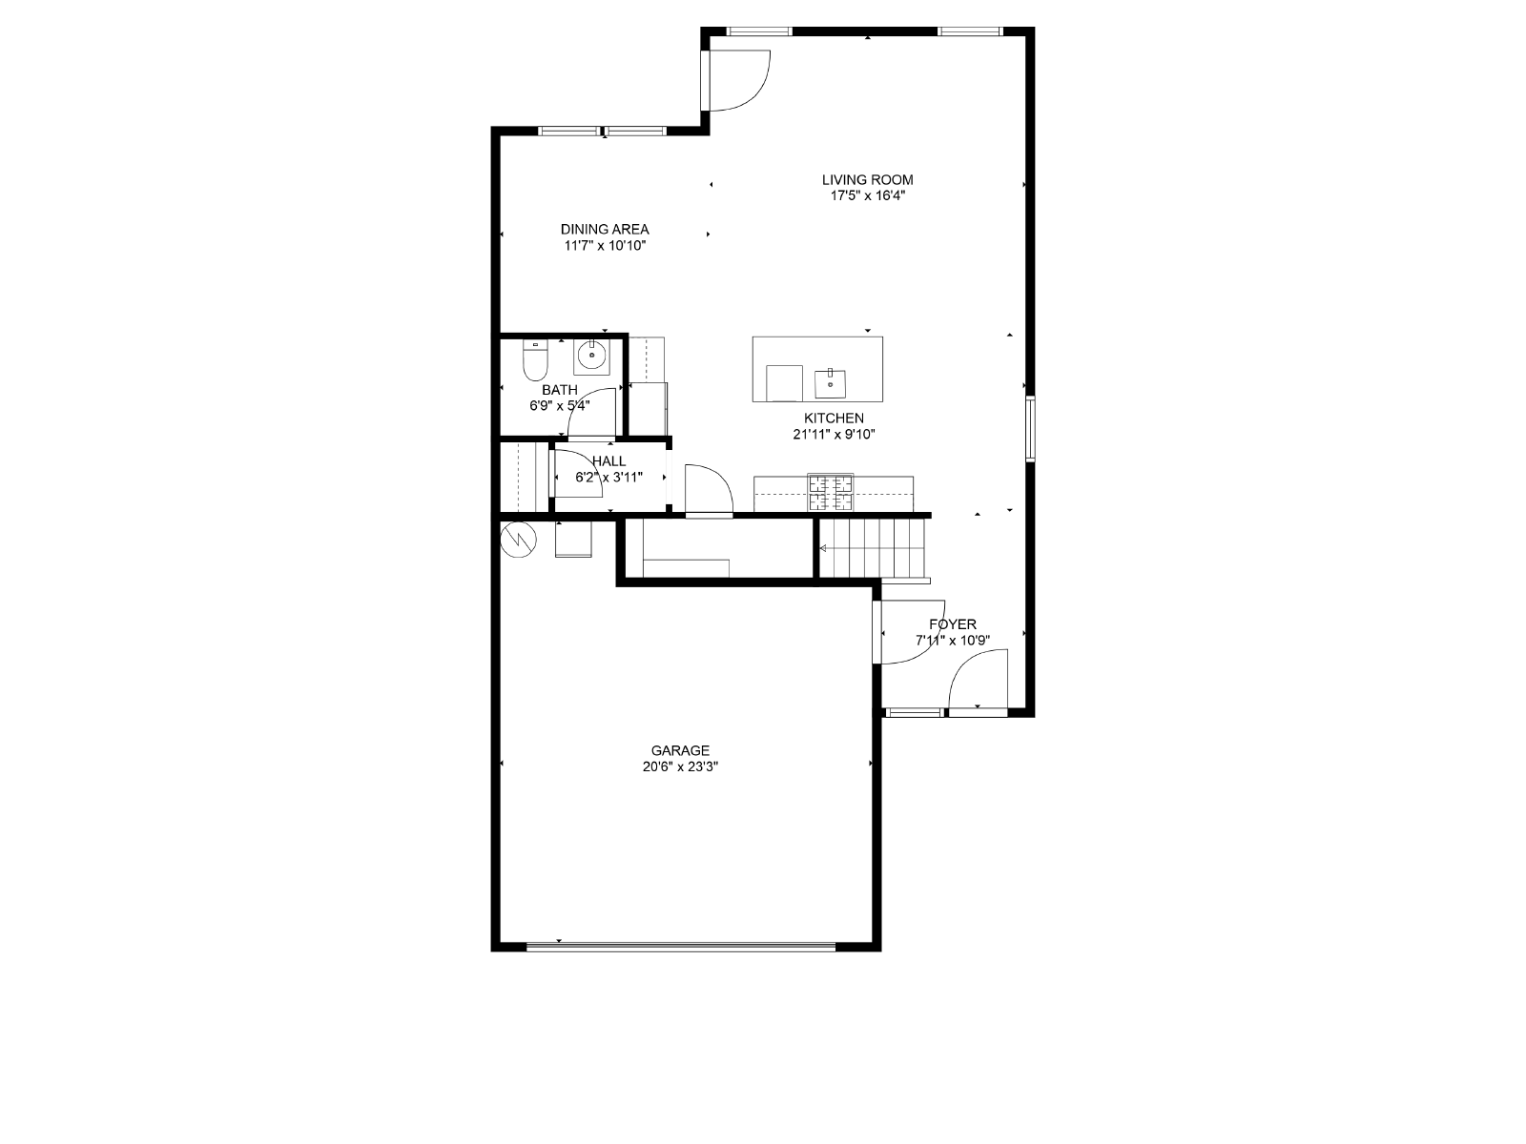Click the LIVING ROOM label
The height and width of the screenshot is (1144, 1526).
(x=867, y=180)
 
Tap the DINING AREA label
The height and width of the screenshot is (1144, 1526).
(x=605, y=229)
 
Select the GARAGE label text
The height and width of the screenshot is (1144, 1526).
(x=680, y=750)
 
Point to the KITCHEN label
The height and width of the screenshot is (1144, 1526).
(x=834, y=419)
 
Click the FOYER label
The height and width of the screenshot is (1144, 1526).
(x=953, y=624)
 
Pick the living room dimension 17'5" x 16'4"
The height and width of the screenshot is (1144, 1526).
(x=868, y=195)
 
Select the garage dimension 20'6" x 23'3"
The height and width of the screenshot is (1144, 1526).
(x=680, y=766)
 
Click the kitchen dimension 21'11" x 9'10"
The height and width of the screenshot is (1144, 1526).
(x=834, y=435)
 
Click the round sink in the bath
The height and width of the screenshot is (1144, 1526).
(x=591, y=357)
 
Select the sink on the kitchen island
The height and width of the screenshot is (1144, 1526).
(x=830, y=383)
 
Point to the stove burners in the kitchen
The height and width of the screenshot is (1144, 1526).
(x=830, y=493)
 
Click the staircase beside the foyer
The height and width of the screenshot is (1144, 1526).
(x=874, y=549)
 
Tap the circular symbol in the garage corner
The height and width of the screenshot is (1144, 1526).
(x=519, y=540)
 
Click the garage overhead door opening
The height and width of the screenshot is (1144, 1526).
(x=681, y=946)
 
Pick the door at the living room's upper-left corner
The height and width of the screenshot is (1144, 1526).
(x=735, y=80)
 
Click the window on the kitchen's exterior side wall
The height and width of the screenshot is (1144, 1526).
(x=1030, y=429)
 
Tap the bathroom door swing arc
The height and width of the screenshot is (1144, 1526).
(x=591, y=414)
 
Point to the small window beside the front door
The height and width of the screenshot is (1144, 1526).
(x=913, y=712)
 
